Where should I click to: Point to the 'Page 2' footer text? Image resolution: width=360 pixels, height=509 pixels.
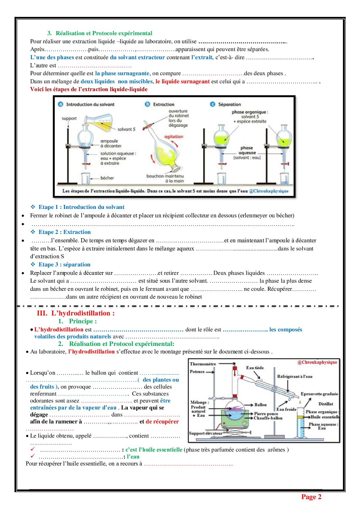[311, 497]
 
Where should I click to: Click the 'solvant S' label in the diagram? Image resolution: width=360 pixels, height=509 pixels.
[126, 129]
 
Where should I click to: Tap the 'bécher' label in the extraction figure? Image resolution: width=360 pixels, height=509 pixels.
[107, 178]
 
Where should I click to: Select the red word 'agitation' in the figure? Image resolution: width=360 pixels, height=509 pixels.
[174, 137]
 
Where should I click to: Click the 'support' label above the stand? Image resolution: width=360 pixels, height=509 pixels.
[69, 118]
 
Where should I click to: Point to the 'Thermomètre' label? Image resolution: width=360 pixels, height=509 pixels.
[203, 364]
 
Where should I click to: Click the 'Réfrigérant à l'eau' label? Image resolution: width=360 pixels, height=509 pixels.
[295, 376]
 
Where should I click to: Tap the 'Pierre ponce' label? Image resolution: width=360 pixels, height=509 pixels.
[266, 414]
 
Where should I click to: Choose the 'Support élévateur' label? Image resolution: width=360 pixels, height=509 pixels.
[206, 433]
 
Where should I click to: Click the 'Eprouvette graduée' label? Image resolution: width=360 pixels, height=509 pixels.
[319, 394]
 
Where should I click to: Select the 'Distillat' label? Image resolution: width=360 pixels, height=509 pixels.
[326, 404]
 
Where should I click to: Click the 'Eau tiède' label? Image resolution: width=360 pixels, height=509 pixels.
[255, 368]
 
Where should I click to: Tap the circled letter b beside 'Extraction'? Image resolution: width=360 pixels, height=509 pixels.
[147, 104]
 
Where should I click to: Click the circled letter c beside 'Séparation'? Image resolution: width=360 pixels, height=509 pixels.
[213, 104]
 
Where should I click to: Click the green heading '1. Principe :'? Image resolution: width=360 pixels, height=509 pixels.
[78, 321]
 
